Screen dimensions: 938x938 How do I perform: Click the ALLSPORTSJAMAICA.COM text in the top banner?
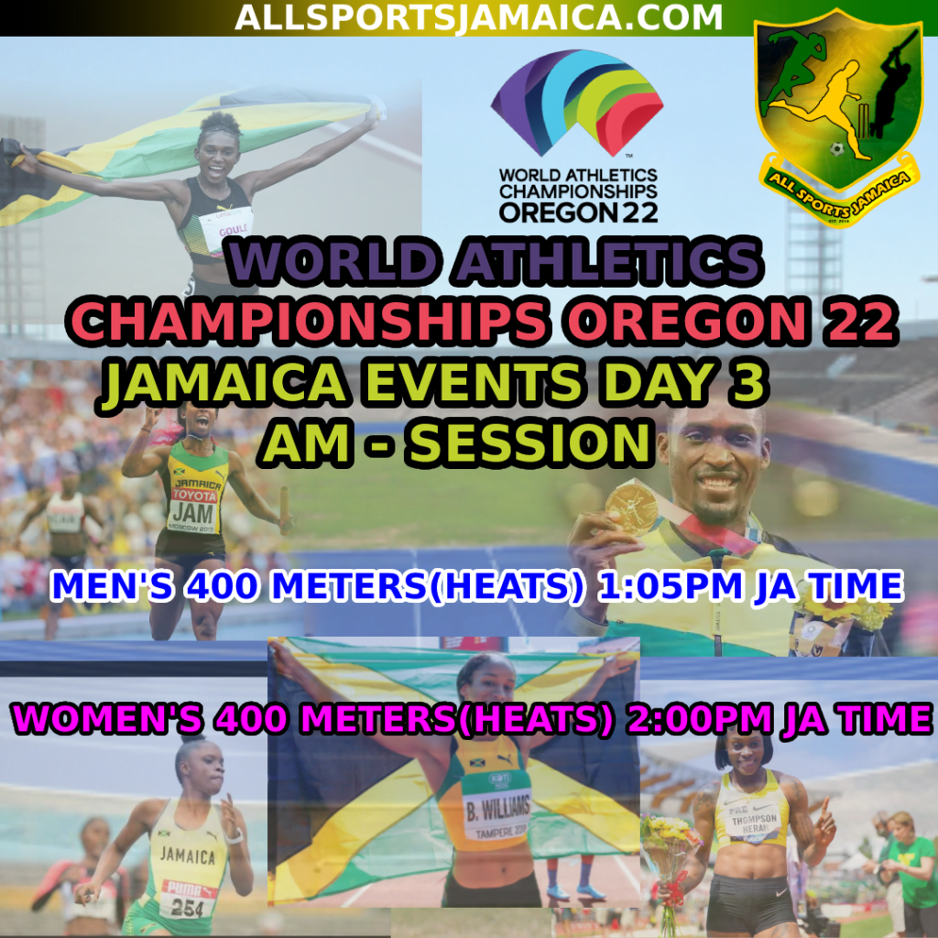[478, 17]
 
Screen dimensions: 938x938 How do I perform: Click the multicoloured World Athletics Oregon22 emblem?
[577, 103]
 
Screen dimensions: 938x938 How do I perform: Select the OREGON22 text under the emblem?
[579, 213]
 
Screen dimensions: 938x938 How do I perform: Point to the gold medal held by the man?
[632, 509]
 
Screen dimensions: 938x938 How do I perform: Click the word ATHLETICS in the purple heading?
[608, 261]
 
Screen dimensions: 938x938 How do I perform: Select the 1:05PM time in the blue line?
[670, 586]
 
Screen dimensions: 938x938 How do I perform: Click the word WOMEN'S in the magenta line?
[107, 718]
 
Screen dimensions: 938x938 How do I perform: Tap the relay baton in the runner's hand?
[285, 509]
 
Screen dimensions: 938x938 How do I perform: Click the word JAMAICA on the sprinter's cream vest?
[187, 856]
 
